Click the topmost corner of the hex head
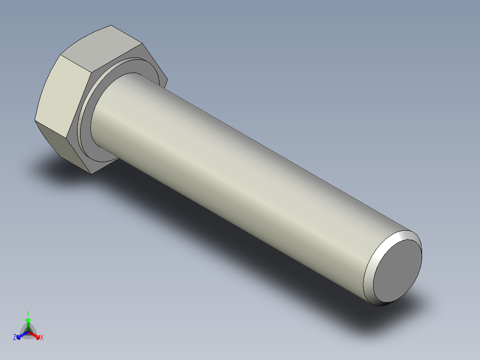111,25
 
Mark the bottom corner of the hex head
91,174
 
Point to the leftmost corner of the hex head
35,120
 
